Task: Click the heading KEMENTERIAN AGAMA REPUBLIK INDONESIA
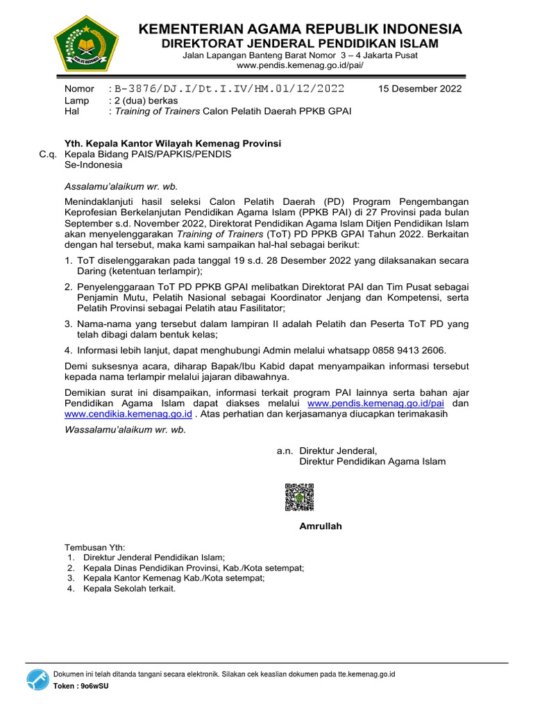pyautogui.click(x=300, y=28)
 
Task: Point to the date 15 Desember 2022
pyautogui.click(x=420, y=89)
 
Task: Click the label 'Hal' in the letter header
pyautogui.click(x=71, y=111)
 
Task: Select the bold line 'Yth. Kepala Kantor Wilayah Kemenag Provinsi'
pyautogui.click(x=173, y=143)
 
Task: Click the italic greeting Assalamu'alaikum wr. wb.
pyautogui.click(x=121, y=186)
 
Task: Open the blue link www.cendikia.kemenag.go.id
pyautogui.click(x=128, y=414)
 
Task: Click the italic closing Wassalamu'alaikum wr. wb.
pyautogui.click(x=125, y=429)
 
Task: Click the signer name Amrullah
pyautogui.click(x=321, y=526)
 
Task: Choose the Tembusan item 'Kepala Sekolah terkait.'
pyautogui.click(x=129, y=589)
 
